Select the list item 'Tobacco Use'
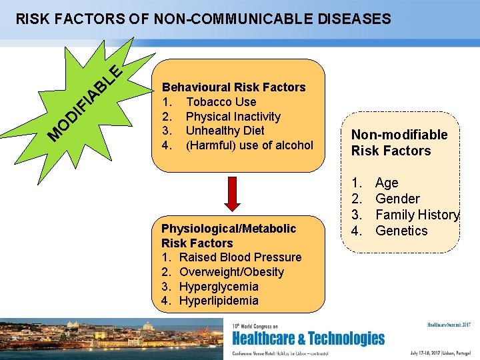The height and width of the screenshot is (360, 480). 221,102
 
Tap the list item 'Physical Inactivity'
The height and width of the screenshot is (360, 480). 233,117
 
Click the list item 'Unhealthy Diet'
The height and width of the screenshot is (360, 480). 225,131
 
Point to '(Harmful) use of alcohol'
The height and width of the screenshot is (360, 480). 249,145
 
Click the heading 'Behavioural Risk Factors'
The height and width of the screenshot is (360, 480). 233,87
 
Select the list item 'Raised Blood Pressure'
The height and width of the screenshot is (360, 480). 240,257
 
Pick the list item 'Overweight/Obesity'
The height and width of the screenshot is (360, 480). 231,272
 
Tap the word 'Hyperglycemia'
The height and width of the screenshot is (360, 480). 219,287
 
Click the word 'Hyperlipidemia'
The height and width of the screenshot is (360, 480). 219,301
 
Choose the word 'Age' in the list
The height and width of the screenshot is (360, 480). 387,183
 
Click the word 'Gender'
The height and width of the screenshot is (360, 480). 397,199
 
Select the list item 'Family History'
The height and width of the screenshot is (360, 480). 417,215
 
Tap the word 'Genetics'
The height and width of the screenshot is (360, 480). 401,231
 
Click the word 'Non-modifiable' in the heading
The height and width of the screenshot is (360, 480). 399,135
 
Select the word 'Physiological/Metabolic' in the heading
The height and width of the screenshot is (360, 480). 229,229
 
